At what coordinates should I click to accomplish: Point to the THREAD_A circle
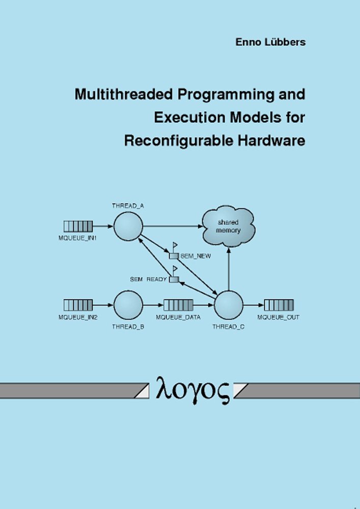(x=127, y=226)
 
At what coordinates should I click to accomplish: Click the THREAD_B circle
(x=128, y=305)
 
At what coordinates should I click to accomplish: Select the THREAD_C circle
(x=229, y=305)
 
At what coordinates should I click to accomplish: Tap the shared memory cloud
(x=228, y=227)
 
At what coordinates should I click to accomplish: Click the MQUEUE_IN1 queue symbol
(x=78, y=226)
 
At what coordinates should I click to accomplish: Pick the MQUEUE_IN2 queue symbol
(x=78, y=305)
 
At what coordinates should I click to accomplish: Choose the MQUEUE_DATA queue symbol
(x=178, y=305)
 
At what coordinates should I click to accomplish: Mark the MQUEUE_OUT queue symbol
(x=279, y=305)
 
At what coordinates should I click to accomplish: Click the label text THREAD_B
(x=128, y=326)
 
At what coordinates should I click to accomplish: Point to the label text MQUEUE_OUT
(x=279, y=317)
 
